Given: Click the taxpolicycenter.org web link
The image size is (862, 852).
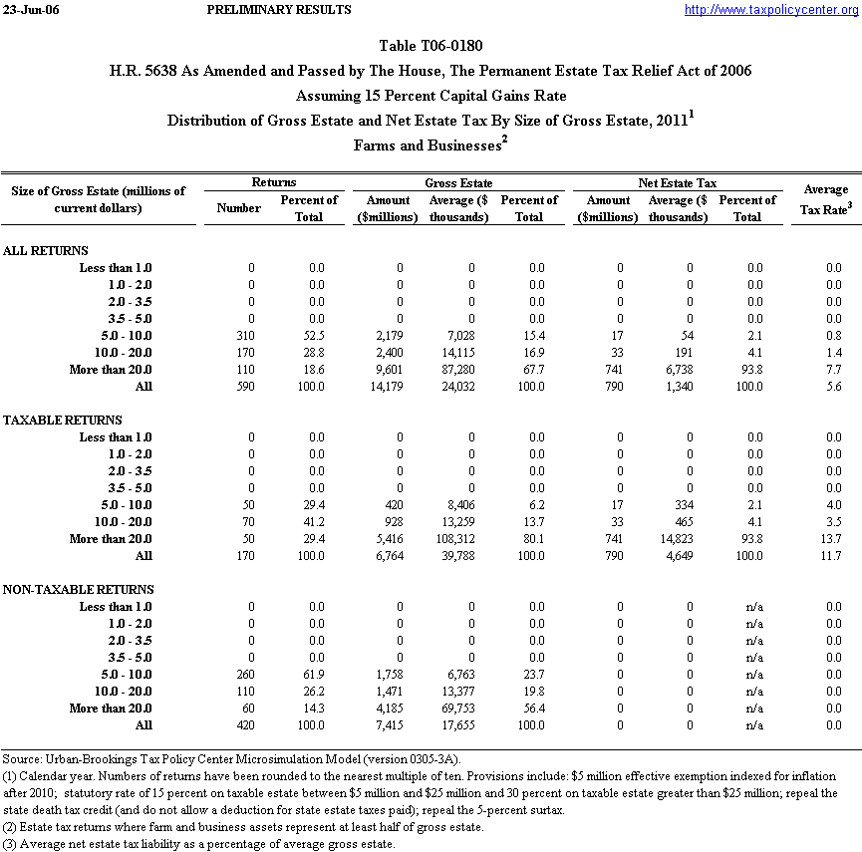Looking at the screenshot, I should coord(771,10).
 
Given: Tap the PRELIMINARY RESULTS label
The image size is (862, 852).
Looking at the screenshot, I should coord(279,10).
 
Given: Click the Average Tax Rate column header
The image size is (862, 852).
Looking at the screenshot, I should coord(825,198).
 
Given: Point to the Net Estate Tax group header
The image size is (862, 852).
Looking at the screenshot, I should coord(678,183).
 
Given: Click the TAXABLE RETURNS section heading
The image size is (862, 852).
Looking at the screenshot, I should coord(63,421).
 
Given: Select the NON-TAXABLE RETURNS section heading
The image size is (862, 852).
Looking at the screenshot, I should coord(78,590).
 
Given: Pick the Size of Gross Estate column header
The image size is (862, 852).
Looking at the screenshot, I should coord(99,199).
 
